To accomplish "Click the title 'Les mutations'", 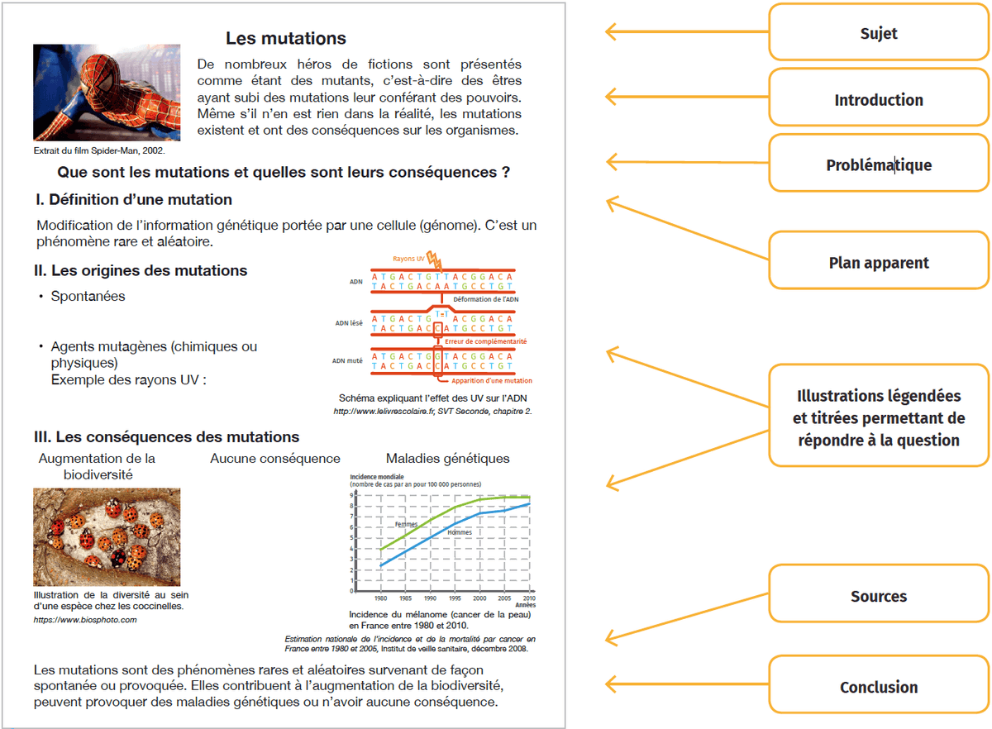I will [286, 38].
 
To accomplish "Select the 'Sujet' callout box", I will [879, 34].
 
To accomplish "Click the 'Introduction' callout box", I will [879, 100].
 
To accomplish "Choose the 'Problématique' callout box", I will [879, 165].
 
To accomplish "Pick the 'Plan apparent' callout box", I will [879, 263].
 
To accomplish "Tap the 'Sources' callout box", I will [879, 596].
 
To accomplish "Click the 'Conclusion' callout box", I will [879, 687].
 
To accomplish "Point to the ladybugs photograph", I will [107, 536].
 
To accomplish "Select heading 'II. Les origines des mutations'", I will [141, 270].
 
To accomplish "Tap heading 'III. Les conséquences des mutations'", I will [167, 436].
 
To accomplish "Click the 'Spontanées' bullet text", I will [88, 296].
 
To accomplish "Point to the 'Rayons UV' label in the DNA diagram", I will [408, 259].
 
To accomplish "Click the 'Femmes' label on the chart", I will [406, 524].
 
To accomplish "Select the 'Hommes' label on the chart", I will [460, 532].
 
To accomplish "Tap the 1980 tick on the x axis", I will [380, 598].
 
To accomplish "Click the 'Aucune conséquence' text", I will [275, 458].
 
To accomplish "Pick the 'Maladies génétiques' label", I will [448, 458].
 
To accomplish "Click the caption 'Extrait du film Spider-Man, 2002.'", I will [99, 150].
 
